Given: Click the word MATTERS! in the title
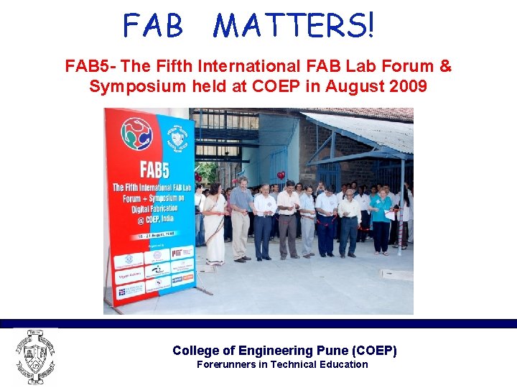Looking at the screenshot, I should (294, 27).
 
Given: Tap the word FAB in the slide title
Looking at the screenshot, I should (153, 27).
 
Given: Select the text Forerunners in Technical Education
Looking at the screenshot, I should (282, 364).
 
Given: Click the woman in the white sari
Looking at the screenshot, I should (214, 223).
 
